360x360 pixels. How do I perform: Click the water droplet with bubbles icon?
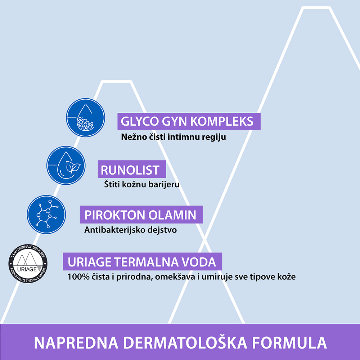tap(85, 118)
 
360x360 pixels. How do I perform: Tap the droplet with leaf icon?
tap(66, 165)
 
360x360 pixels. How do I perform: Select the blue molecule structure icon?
tap(46, 215)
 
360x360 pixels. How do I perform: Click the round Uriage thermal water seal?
tap(28, 264)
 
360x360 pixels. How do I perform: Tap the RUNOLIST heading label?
tap(130, 170)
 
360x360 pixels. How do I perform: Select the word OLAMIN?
tap(172, 215)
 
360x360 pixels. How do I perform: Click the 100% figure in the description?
tap(78, 276)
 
